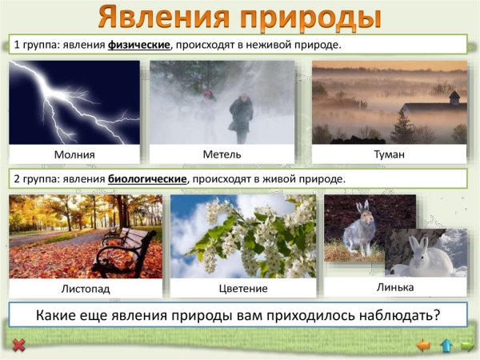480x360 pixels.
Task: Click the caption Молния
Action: point(74,154)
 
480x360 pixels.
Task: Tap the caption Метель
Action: point(222,154)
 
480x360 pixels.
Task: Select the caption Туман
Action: point(390,154)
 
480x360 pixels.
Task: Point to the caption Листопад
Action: point(86,287)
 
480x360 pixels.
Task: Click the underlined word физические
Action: point(140,44)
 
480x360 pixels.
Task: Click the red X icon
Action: point(19,346)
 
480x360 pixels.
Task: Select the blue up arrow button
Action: point(446,346)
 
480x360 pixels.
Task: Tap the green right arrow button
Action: point(467,346)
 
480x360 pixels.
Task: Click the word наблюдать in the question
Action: point(388,314)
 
